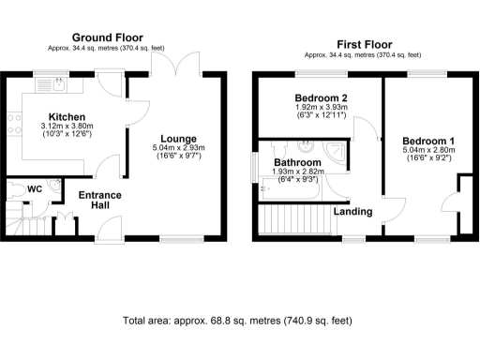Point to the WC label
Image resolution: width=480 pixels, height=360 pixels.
point(36,189)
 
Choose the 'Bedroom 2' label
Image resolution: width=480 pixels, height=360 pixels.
point(321,98)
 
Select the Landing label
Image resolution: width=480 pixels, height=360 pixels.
point(353,211)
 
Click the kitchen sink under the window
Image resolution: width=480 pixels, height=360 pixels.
point(49,86)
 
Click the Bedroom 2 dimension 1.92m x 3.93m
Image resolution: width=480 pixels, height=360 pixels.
point(321,109)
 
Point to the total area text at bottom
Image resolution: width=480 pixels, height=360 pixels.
point(238,321)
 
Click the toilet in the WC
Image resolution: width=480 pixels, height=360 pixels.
point(13,189)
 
